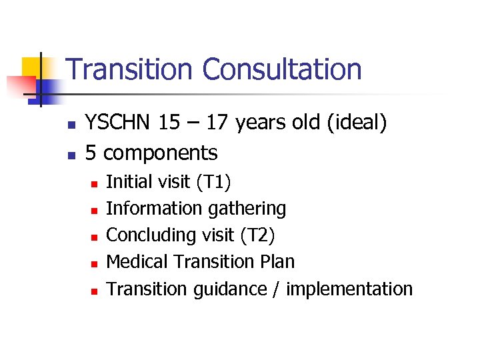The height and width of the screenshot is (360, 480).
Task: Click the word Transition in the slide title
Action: point(131,69)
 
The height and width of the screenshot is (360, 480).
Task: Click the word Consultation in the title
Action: point(282,69)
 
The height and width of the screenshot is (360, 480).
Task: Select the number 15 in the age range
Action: point(171,123)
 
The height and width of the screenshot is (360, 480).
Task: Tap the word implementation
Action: point(349,289)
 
